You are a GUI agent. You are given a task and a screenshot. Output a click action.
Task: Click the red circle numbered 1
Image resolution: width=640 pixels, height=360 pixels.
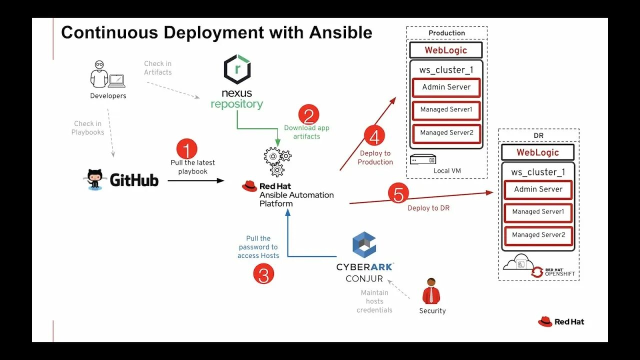[187, 149]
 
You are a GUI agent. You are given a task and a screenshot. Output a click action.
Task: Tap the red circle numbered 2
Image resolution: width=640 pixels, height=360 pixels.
[308, 115]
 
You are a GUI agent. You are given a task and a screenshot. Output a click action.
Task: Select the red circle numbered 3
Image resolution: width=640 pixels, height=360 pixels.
[263, 273]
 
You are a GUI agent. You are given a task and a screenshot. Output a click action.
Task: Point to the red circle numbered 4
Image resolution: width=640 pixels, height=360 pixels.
[374, 135]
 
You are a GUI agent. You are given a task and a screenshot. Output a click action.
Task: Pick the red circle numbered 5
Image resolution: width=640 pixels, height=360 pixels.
[398, 193]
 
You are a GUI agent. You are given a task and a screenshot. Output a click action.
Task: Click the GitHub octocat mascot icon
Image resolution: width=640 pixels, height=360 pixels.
[94, 179]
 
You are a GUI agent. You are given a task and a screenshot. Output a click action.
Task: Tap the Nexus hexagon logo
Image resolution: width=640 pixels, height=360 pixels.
[237, 69]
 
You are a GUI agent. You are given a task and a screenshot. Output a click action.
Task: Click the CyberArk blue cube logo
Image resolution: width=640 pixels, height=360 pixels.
[364, 244]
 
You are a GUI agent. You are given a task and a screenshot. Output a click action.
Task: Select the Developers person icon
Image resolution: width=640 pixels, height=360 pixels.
[107, 74]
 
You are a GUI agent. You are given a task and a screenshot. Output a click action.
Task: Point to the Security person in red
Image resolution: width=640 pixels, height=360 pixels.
[431, 291]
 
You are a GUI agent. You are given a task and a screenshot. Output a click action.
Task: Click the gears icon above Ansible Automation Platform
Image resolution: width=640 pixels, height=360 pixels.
[277, 161]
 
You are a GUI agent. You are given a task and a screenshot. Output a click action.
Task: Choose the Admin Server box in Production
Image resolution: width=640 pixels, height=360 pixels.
[446, 87]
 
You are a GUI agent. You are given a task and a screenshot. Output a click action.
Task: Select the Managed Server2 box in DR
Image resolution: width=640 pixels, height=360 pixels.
[538, 235]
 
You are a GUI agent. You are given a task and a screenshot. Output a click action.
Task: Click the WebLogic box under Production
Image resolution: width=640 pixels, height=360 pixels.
[446, 50]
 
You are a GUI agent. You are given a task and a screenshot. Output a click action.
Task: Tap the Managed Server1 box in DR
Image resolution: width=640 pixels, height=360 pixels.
[538, 212]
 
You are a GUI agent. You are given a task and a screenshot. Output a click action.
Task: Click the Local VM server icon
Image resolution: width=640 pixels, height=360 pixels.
[423, 159]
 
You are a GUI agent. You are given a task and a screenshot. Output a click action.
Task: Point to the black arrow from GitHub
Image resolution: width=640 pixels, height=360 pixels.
[196, 180]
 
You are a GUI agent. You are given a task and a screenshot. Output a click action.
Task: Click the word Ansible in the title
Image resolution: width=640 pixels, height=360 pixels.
[340, 32]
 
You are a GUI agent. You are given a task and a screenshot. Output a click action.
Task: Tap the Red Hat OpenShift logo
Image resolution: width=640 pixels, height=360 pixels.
[553, 271]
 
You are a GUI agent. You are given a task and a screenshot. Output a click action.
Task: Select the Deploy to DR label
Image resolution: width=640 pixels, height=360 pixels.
[428, 208]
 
